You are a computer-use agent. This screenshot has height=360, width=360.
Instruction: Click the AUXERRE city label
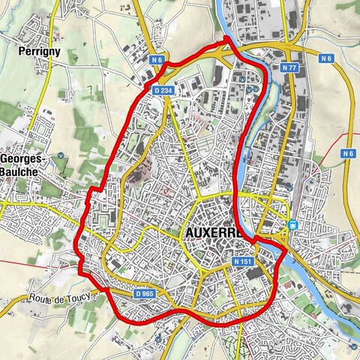213,234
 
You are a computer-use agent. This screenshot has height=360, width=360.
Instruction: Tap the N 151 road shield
242,262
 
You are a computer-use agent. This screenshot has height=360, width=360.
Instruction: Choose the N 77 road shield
291,67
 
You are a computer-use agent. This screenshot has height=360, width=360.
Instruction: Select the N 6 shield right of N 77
325,58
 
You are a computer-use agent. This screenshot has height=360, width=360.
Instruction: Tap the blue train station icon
292,223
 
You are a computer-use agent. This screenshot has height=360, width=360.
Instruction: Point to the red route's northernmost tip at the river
228,39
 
